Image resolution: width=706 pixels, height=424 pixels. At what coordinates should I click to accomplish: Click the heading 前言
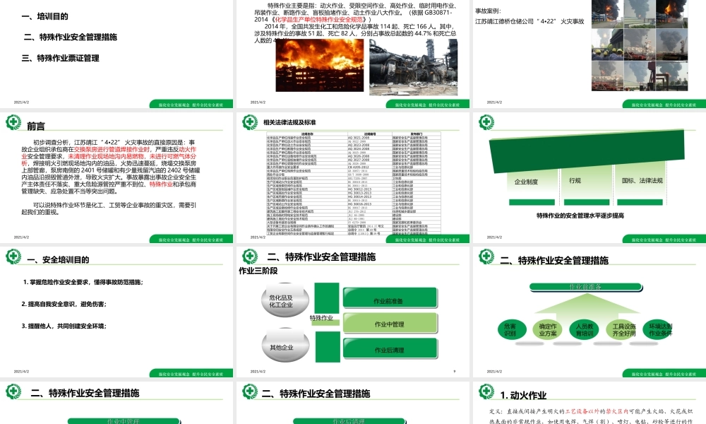click(x=36, y=126)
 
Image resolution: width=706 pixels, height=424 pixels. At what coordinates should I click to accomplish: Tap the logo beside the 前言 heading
click(x=13, y=122)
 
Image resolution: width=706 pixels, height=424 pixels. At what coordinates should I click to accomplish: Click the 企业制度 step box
click(x=526, y=182)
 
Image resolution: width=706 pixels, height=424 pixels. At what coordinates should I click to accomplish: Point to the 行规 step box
click(x=575, y=181)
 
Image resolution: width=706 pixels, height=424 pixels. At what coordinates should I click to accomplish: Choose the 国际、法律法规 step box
click(x=641, y=181)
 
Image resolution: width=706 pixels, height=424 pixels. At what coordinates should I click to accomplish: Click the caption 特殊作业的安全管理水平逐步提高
click(x=580, y=216)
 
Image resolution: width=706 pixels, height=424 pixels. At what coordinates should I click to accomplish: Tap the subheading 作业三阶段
click(x=258, y=270)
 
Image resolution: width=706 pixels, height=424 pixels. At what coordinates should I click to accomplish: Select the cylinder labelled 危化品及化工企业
click(x=280, y=301)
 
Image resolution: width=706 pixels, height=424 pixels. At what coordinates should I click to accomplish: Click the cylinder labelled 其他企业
click(x=281, y=348)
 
